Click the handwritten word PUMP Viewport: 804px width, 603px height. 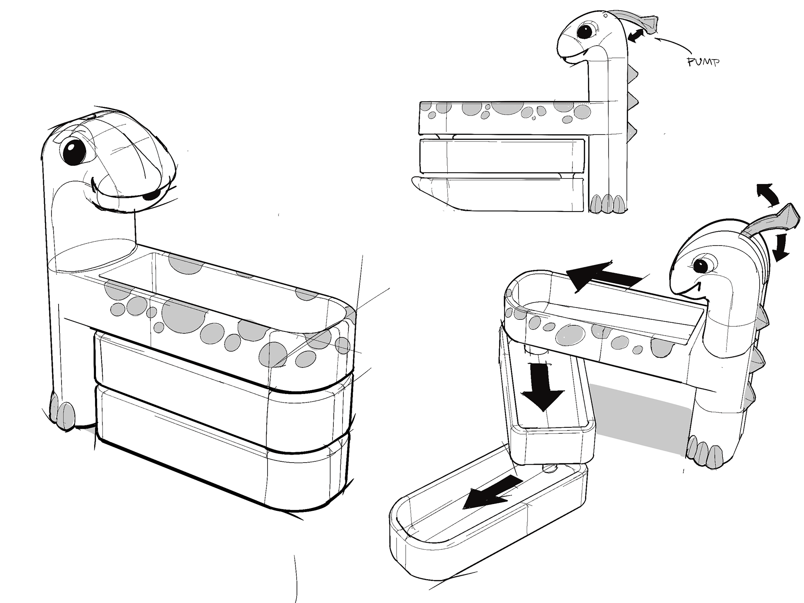pyautogui.click(x=703, y=62)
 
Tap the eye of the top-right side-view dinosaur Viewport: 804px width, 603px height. pyautogui.click(x=585, y=31)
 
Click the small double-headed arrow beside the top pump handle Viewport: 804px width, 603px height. pyautogui.click(x=637, y=36)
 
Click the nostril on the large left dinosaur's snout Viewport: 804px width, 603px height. pyautogui.click(x=149, y=196)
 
